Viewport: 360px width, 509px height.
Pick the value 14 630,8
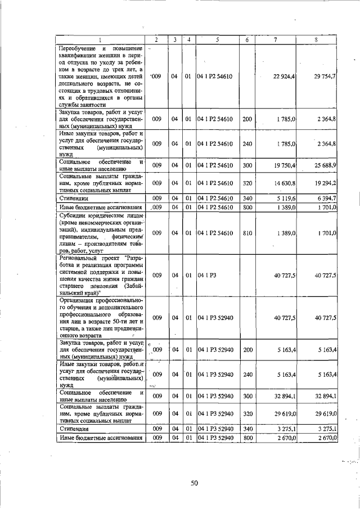tap(285, 183)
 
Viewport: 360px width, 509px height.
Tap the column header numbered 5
tap(217, 39)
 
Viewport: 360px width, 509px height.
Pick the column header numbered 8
tap(317, 39)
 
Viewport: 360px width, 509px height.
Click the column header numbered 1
tap(100, 39)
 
